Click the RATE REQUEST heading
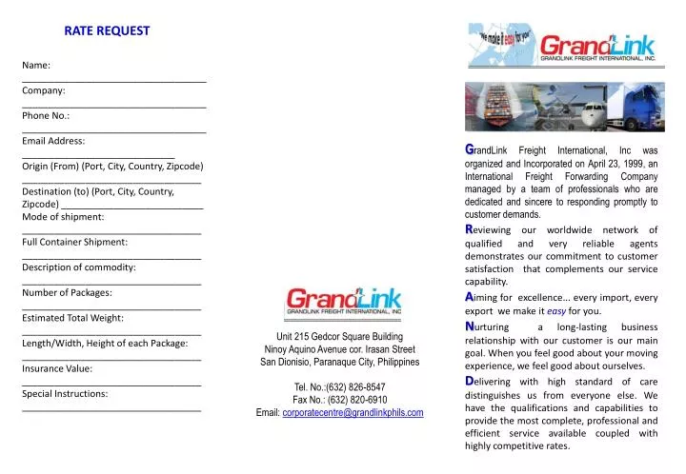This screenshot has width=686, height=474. pyautogui.click(x=107, y=30)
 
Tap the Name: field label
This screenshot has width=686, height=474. pyautogui.click(x=36, y=65)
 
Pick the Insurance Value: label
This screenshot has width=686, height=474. pyautogui.click(x=57, y=367)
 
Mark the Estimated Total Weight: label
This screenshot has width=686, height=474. pyautogui.click(x=72, y=317)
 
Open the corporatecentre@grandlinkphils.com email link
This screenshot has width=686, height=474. pyautogui.click(x=353, y=413)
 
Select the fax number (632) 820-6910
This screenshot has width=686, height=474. pyautogui.click(x=353, y=400)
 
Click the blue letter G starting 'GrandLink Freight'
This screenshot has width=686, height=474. pyautogui.click(x=469, y=149)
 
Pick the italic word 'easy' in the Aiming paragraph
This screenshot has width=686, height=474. pyautogui.click(x=555, y=311)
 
